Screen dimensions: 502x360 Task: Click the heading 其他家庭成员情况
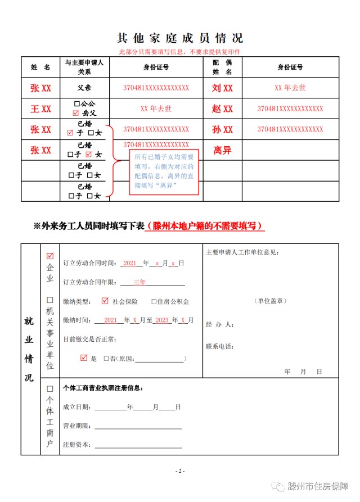click(x=180, y=38)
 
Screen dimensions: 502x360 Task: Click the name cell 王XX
click(x=40, y=109)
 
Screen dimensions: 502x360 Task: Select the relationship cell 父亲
click(x=84, y=88)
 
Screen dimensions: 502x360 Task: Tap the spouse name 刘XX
click(x=222, y=88)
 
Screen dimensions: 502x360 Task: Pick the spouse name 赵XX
click(x=222, y=109)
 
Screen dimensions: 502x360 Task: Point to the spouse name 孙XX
click(x=222, y=130)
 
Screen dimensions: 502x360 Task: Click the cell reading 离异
click(x=222, y=151)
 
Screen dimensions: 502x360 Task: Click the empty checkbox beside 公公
click(x=77, y=105)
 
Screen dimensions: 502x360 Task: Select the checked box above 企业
click(x=50, y=257)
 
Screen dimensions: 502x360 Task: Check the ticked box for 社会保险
click(x=105, y=301)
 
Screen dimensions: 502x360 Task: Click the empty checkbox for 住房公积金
click(x=154, y=302)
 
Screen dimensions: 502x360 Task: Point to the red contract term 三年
click(x=139, y=282)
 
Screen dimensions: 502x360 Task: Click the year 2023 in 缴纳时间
click(x=163, y=320)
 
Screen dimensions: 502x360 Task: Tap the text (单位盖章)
click(x=271, y=301)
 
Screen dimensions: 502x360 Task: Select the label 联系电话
click(x=220, y=346)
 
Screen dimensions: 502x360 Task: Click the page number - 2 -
click(x=180, y=471)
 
